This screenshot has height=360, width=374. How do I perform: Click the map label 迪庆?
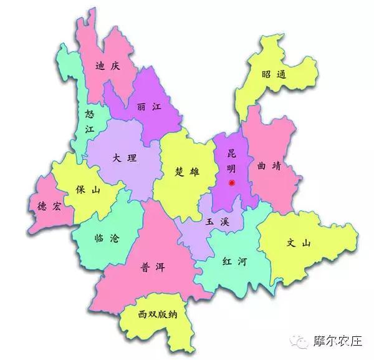point(107,66)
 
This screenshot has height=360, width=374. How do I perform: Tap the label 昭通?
point(274,74)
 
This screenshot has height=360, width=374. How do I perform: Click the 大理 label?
point(125,158)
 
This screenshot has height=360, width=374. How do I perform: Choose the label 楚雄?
point(187,172)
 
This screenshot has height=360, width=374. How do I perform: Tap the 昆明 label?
point(231,160)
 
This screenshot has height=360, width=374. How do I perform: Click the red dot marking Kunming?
point(232,183)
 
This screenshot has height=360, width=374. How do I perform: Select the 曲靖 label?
point(269,166)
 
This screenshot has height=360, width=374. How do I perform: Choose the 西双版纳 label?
point(158,314)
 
